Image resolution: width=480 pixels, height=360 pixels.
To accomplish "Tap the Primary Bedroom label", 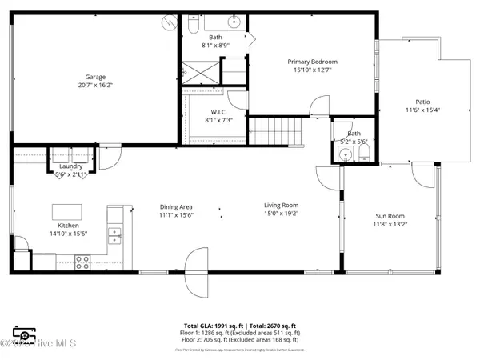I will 312,62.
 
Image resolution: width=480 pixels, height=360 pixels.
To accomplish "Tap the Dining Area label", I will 176,207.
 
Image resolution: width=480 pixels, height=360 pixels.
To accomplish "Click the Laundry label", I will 71,166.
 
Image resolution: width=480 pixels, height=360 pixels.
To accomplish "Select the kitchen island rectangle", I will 68,211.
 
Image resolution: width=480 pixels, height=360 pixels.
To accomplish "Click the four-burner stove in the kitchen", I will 82,259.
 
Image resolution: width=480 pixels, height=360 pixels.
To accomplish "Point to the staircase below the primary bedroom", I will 277,130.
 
